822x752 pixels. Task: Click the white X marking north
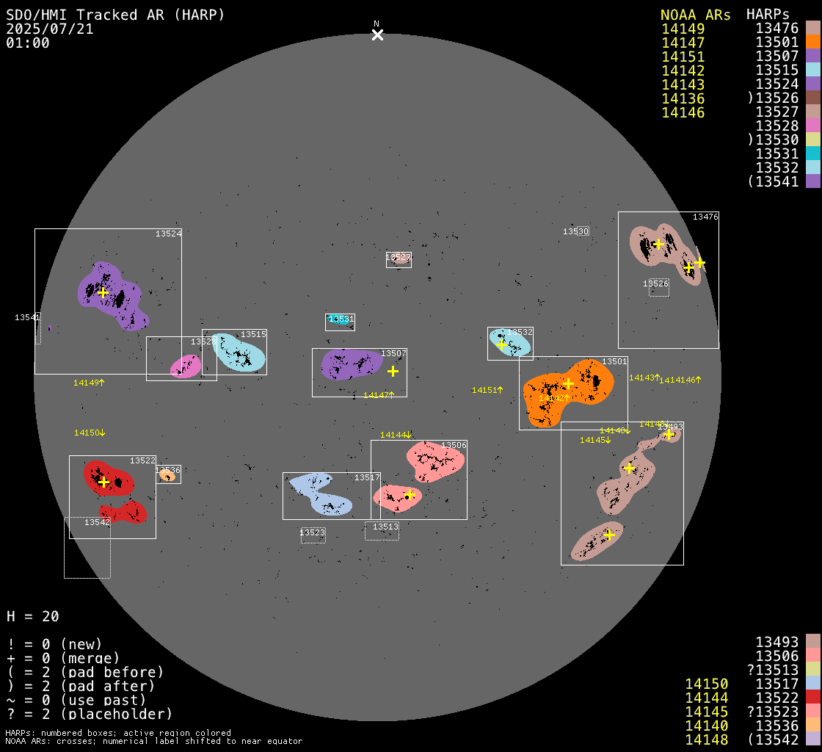(x=377, y=35)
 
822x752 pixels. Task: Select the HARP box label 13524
(x=168, y=234)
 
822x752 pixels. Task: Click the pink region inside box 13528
(x=185, y=366)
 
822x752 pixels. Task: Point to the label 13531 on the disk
(x=341, y=319)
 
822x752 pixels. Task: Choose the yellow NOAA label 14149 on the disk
(x=89, y=383)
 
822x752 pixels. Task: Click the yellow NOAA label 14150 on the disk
(x=90, y=433)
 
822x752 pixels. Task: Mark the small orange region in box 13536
(x=167, y=476)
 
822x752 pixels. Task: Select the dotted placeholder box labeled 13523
(x=313, y=535)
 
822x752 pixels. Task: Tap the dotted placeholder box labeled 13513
(x=382, y=530)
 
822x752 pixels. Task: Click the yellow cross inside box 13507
(x=393, y=372)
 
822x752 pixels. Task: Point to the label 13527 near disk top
(x=399, y=257)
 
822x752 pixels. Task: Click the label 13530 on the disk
(x=576, y=231)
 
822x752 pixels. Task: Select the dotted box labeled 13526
(x=658, y=287)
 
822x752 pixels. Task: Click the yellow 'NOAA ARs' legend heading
(x=695, y=15)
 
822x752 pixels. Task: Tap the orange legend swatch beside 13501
(x=812, y=43)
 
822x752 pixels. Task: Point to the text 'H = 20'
(x=32, y=616)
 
